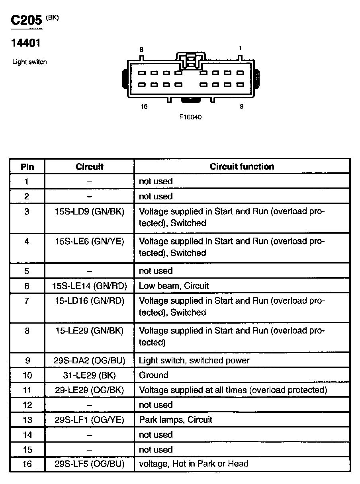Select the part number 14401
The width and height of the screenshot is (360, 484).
26,43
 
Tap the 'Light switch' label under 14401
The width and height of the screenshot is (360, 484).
29,62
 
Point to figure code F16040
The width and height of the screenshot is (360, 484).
191,117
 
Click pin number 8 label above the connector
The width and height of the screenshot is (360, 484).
141,50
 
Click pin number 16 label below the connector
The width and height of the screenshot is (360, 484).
144,106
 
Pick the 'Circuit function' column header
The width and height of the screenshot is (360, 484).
242,166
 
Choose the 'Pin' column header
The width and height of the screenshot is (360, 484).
27,166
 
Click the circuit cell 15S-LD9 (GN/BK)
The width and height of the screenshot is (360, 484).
89,211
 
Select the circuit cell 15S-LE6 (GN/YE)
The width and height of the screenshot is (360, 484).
89,241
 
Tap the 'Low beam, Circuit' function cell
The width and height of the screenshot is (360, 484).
174,286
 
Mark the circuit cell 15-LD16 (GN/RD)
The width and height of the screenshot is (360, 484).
89,301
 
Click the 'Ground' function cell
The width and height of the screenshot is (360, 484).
153,375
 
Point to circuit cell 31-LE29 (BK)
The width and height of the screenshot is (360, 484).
89,375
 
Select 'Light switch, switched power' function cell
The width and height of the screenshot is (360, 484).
194,361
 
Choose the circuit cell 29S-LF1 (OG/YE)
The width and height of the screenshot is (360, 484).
89,420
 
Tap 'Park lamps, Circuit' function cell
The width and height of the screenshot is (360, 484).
176,420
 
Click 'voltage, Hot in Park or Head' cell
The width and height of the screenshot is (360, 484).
194,464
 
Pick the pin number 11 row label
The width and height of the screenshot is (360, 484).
27,390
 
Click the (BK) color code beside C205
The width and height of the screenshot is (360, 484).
52,17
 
